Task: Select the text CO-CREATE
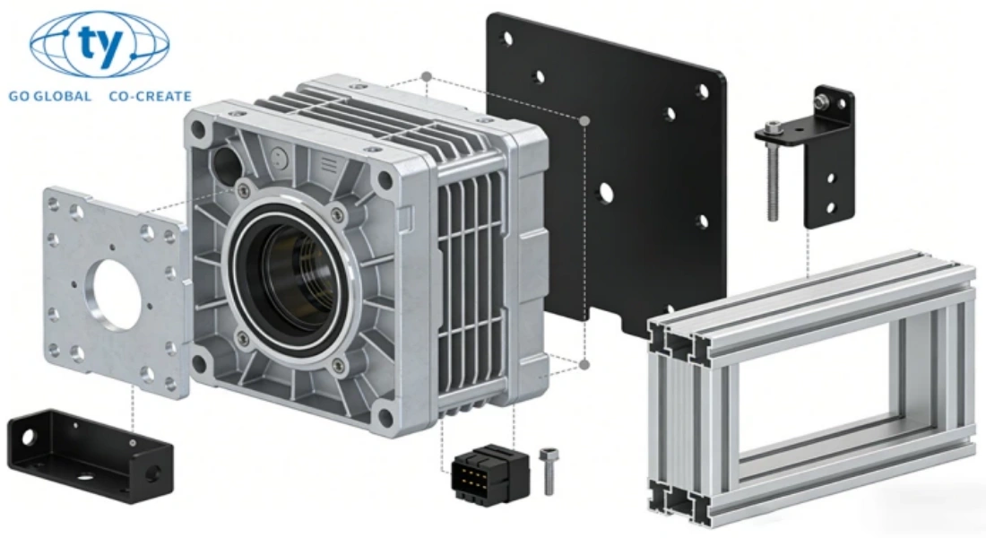tap(150, 96)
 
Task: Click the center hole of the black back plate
tap(608, 191)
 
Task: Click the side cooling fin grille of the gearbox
tap(471, 287)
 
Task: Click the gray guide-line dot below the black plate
tap(584, 364)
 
